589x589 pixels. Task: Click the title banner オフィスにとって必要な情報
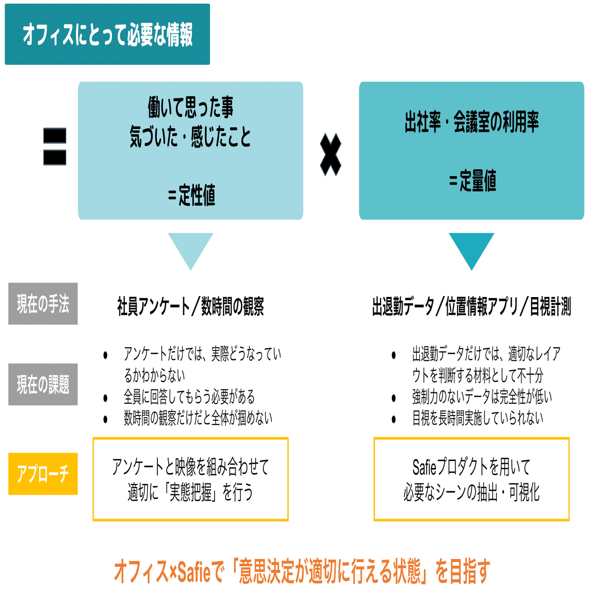[x=107, y=35]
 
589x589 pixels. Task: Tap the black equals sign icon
[x=55, y=146]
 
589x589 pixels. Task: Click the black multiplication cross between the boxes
[x=331, y=154]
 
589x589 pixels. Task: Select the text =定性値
[x=191, y=195]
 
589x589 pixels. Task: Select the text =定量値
[x=472, y=181]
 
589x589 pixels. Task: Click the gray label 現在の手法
[x=43, y=304]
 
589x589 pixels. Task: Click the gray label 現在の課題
[x=43, y=385]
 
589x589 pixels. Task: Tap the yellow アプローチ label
[x=43, y=474]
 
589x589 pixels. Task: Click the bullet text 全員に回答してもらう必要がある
[x=189, y=397]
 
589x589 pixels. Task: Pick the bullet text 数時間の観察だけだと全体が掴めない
[x=198, y=418]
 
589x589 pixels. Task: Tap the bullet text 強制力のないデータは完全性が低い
[x=482, y=397]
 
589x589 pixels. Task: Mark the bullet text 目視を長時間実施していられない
[x=478, y=418]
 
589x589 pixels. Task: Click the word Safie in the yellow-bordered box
[x=425, y=467]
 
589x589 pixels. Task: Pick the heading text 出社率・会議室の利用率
[x=472, y=123]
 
